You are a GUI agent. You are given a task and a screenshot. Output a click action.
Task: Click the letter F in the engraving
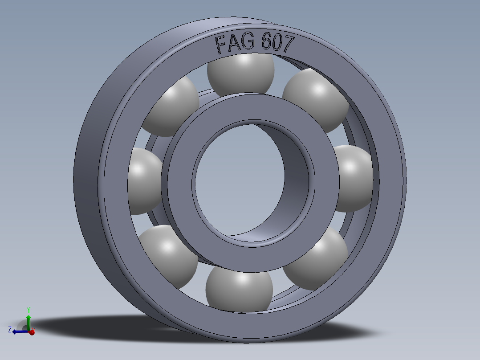(220, 46)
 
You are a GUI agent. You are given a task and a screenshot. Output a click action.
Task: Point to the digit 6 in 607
(267, 43)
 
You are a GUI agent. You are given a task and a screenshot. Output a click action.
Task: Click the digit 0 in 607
(278, 43)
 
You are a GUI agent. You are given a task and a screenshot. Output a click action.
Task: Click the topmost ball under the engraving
(241, 73)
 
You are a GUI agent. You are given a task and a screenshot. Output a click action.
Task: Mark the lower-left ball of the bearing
(169, 256)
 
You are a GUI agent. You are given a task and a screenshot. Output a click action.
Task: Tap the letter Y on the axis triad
(28, 310)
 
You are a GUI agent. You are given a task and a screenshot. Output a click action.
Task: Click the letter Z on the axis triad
(10, 330)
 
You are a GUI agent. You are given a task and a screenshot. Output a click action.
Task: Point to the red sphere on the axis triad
(32, 332)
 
